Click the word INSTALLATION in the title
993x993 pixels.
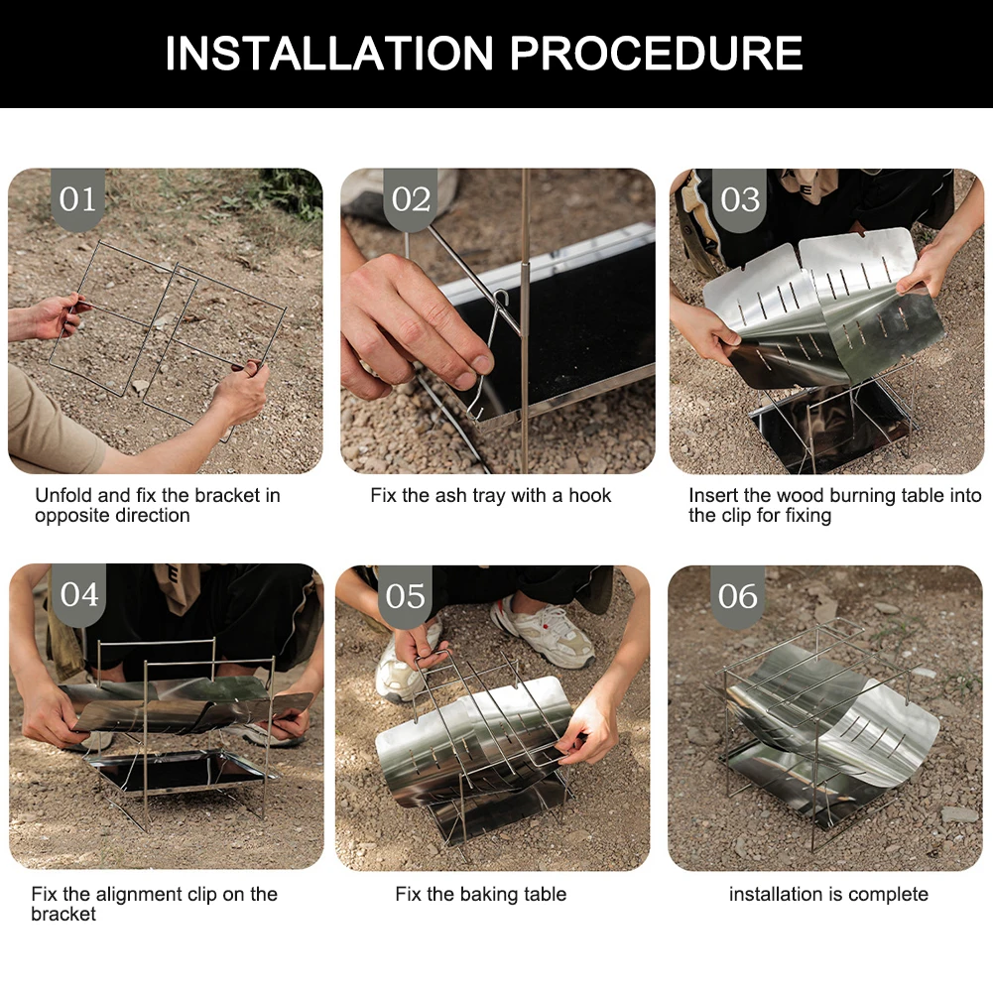tap(329, 53)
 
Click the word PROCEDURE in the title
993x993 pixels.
tap(657, 53)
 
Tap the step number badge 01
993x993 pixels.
tap(78, 198)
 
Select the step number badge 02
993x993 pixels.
tap(411, 198)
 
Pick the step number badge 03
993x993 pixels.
tap(740, 198)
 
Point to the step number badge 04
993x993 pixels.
tap(79, 594)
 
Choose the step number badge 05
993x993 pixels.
tap(406, 596)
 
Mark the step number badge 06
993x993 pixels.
tap(738, 596)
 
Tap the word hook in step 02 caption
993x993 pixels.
tap(589, 495)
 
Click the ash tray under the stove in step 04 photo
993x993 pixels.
tap(181, 771)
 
